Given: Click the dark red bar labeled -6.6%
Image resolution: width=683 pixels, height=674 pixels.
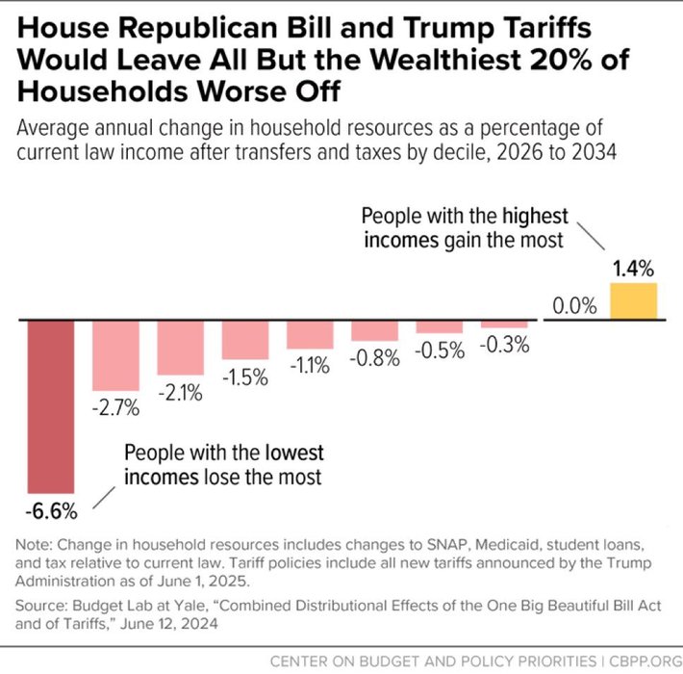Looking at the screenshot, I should pos(50,405).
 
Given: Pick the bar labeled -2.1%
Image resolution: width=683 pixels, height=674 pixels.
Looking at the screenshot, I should pos(181,348).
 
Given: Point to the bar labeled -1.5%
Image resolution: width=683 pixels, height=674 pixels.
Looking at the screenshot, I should pos(245,340).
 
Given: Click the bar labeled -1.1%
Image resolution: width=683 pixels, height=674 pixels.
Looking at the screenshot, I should pos(311,335).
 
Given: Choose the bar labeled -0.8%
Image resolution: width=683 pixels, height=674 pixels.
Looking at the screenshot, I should pos(375,330).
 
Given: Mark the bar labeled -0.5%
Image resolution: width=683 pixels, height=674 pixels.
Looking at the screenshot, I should pos(440,326).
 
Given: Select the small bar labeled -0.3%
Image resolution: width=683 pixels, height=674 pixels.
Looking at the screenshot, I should pos(505,324).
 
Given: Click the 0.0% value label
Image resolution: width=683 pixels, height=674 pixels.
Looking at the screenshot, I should pos(574,307).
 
